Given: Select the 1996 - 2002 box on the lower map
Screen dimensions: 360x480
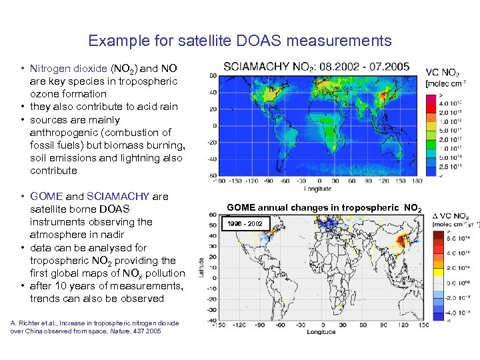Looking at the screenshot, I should [245, 223].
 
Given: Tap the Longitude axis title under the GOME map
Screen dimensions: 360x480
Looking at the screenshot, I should [321, 331].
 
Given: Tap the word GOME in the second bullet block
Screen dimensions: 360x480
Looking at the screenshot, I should [47, 197].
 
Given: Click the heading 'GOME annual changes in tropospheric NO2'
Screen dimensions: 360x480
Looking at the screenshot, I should [324, 208].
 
